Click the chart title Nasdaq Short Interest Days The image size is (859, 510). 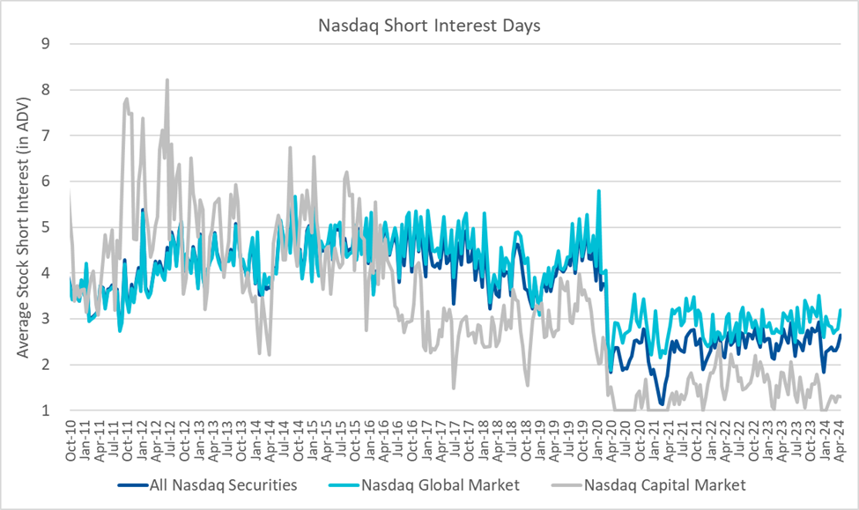click(x=429, y=25)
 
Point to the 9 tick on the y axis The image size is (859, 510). click(x=48, y=43)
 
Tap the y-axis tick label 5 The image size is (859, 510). click(x=48, y=227)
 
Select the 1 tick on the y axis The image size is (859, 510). click(x=48, y=410)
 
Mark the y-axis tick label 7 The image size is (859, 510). click(x=48, y=136)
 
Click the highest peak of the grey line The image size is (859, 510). click(x=167, y=80)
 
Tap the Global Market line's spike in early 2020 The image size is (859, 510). click(x=599, y=190)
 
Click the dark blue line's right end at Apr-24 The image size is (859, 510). click(x=840, y=335)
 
